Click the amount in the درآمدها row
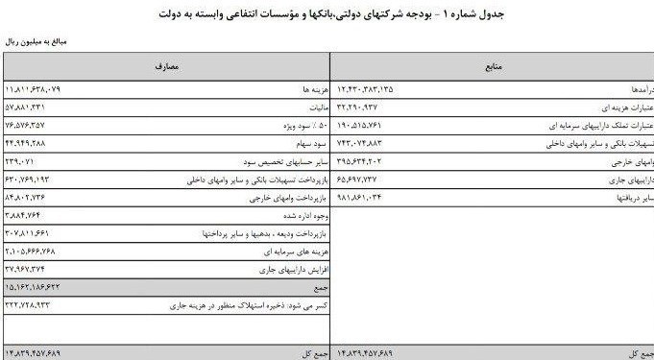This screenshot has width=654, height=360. coord(365,89)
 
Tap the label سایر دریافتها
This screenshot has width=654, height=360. coord(634,196)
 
